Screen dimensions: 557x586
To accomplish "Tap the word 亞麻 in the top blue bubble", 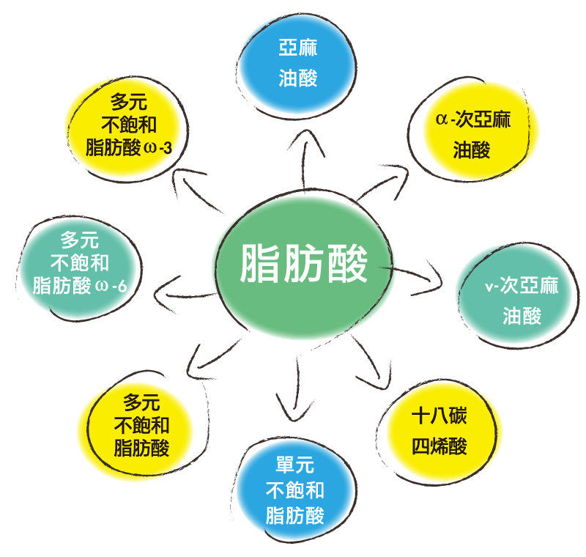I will (x=298, y=48).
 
